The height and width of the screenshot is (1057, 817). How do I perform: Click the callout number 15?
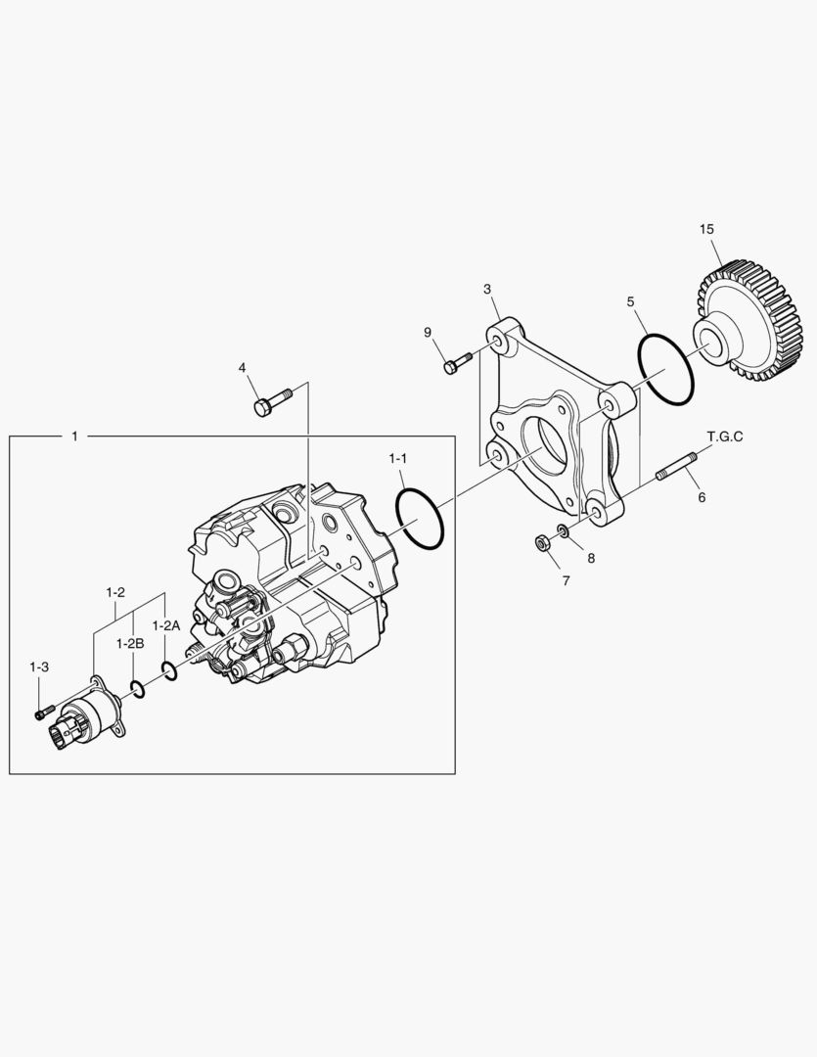point(706,229)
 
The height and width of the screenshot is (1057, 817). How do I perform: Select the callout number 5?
point(631,301)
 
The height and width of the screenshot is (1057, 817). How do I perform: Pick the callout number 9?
point(428,333)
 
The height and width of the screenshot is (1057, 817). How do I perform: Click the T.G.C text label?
point(725,437)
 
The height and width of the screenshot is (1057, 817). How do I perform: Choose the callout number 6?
point(702,497)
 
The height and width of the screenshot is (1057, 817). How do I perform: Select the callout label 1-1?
point(398,457)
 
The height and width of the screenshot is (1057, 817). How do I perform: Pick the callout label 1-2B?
point(130,643)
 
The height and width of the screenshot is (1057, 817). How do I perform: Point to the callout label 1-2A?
point(165,624)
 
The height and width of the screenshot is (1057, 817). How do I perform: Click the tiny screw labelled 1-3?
point(40,714)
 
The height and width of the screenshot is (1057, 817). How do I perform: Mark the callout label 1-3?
point(39,666)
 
